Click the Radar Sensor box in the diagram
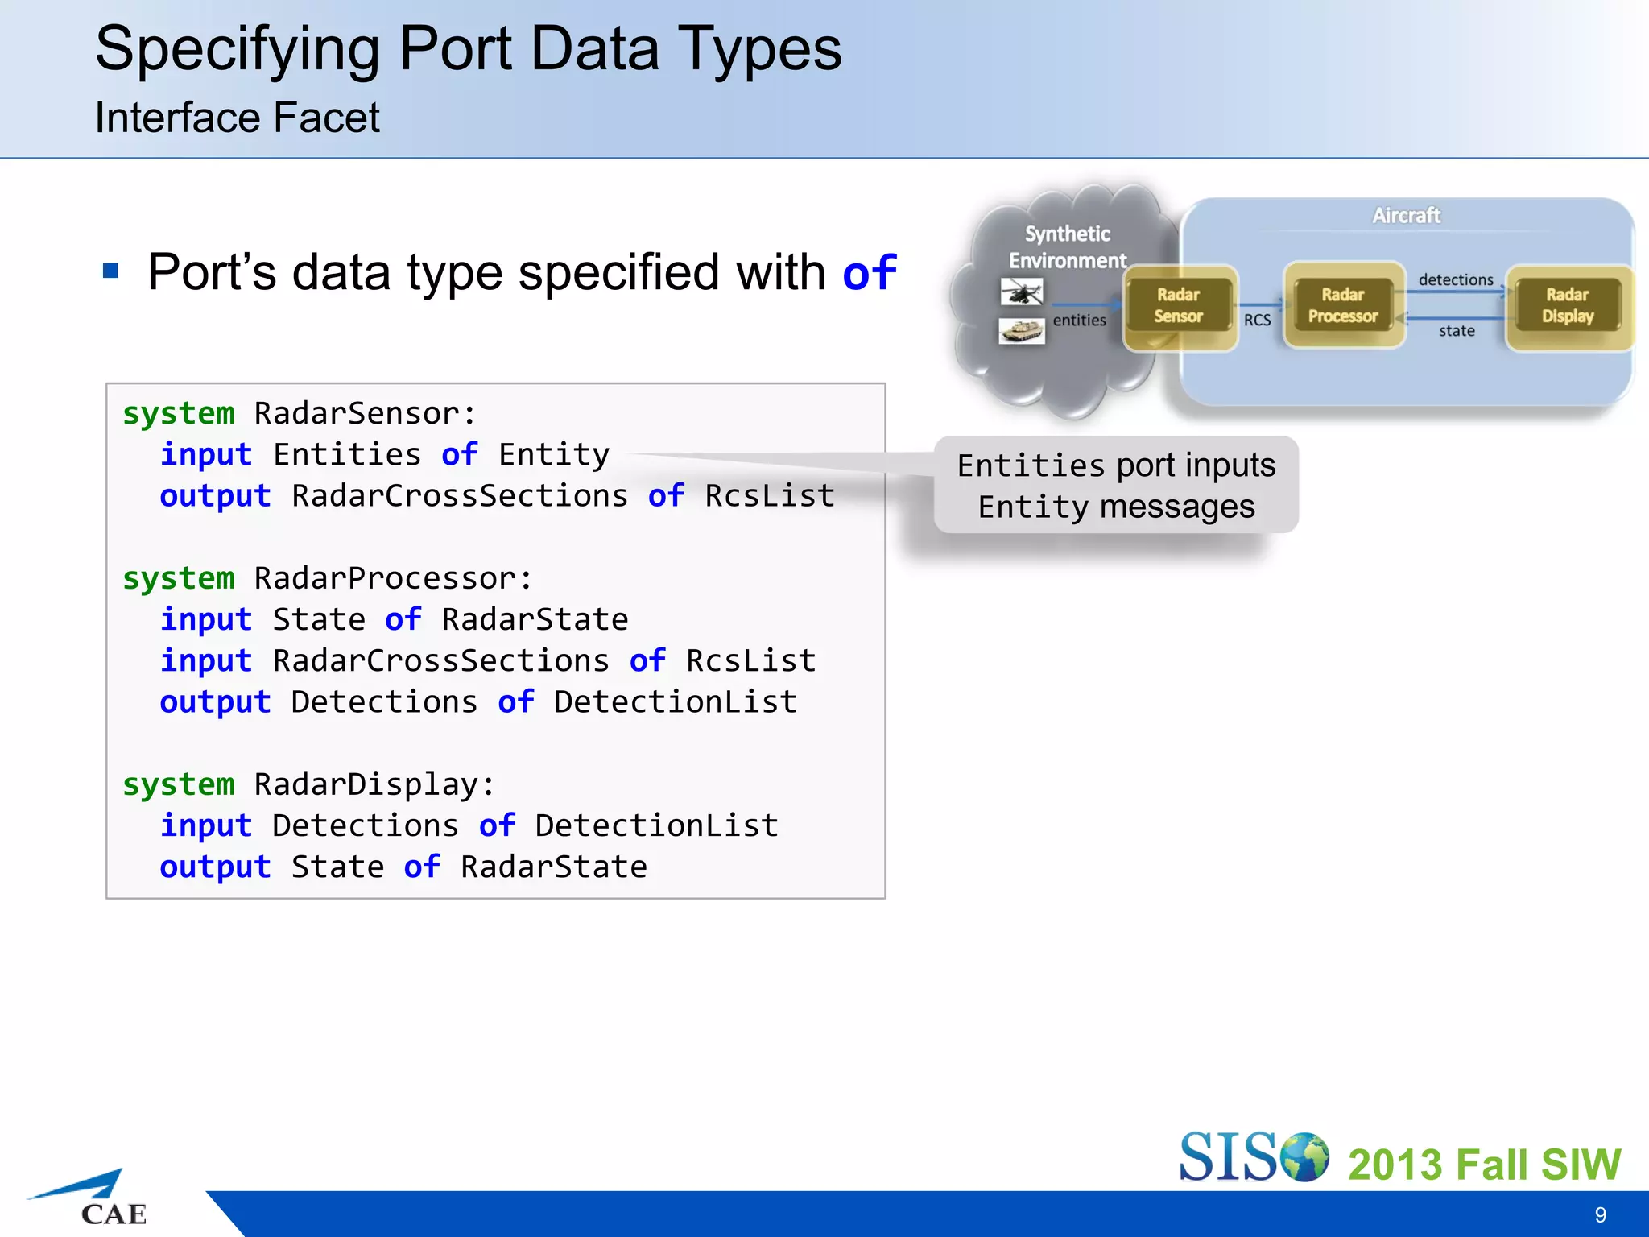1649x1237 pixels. (x=1180, y=306)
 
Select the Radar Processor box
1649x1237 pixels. (x=1343, y=306)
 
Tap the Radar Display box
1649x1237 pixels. (x=1568, y=306)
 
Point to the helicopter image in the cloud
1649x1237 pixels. (x=1022, y=292)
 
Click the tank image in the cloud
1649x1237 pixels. (x=1022, y=331)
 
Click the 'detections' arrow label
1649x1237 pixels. (x=1456, y=280)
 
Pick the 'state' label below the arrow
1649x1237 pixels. (x=1457, y=331)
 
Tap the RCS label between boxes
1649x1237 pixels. (x=1257, y=321)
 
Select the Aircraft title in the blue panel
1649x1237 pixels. (x=1406, y=216)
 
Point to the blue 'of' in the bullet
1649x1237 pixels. (x=869, y=273)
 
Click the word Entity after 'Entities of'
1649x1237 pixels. (x=554, y=455)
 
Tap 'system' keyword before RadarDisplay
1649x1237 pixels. (x=179, y=785)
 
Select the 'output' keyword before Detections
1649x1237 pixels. (x=215, y=702)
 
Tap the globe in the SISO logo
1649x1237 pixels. (x=1304, y=1156)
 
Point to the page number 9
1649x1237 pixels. (x=1600, y=1214)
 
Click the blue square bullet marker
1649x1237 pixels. (x=111, y=271)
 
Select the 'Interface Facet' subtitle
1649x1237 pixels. (x=237, y=118)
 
